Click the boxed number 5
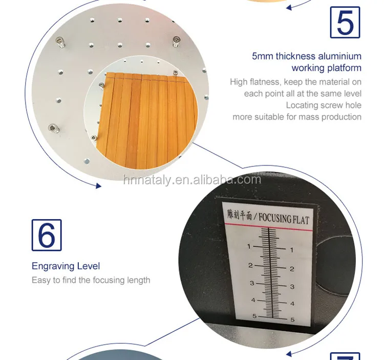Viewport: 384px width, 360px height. click(345, 22)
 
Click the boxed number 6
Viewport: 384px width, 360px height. click(47, 235)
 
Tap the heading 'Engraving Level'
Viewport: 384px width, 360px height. click(66, 266)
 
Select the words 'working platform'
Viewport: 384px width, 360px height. click(326, 68)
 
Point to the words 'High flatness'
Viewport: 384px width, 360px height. click(254, 82)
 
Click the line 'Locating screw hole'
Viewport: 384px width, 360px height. click(324, 105)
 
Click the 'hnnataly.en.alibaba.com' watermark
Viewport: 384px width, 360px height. click(192, 180)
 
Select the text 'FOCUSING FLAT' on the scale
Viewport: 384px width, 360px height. click(284, 219)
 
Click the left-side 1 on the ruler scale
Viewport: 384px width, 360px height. click(249, 247)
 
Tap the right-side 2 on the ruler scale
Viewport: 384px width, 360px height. click(292, 268)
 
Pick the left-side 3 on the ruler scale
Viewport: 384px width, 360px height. click(251, 283)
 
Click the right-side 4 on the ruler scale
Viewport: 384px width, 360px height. click(292, 304)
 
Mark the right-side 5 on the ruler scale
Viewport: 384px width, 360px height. click(292, 320)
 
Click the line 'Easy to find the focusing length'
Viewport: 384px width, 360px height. click(91, 281)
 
